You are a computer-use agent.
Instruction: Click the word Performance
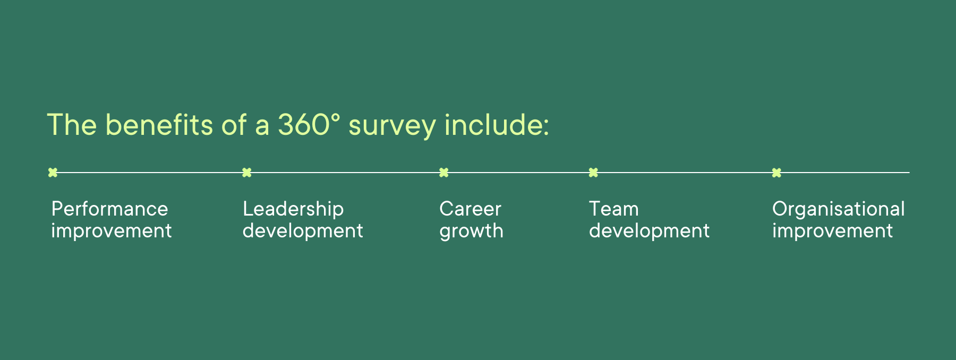coord(109,209)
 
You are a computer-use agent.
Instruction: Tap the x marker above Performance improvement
coord(53,173)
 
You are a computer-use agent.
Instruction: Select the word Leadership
coord(293,209)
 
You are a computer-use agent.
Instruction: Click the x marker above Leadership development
coord(247,173)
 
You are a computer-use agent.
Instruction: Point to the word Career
coord(470,209)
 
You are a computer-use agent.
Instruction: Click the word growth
coord(471,232)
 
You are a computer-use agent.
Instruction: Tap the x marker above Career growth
coord(444,173)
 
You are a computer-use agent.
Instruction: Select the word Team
coord(613,209)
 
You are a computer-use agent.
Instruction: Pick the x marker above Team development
coord(594,173)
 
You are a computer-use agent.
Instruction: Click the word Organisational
coord(838,209)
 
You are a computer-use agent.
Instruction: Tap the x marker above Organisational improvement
coord(776,173)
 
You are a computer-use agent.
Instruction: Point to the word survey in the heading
coord(392,126)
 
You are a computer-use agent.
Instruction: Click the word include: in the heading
coord(496,125)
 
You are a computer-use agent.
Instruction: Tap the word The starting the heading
coord(72,125)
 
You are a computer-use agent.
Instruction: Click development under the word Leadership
coord(303,232)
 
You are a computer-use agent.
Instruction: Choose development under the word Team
coord(649,232)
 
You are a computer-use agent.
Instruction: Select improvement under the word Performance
coord(112,232)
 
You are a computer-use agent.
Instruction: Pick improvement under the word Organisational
coord(832,232)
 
